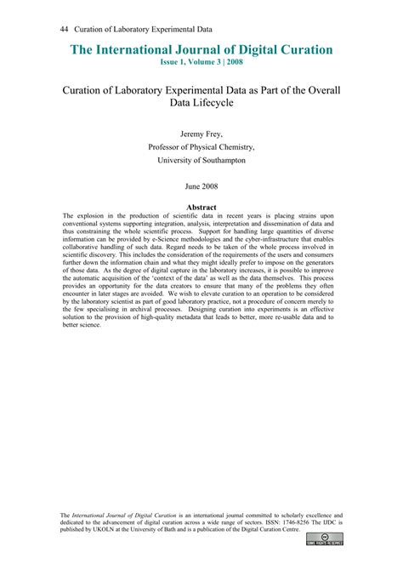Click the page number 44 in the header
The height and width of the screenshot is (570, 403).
pyautogui.click(x=64, y=28)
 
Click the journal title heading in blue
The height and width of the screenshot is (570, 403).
pyautogui.click(x=201, y=49)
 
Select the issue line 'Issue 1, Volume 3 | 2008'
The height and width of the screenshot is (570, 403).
pyautogui.click(x=201, y=63)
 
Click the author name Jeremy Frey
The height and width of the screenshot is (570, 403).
pyautogui.click(x=201, y=134)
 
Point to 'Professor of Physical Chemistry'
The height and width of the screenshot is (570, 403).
pyautogui.click(x=201, y=146)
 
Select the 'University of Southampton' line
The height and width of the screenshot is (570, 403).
pyautogui.click(x=201, y=159)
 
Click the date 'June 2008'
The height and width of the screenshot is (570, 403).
pyautogui.click(x=201, y=185)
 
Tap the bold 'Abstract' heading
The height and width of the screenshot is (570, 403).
pyautogui.click(x=201, y=207)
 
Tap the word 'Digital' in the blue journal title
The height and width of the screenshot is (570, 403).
pyautogui.click(x=260, y=49)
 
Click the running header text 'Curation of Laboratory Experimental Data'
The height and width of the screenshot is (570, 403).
pyautogui.click(x=128, y=28)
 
